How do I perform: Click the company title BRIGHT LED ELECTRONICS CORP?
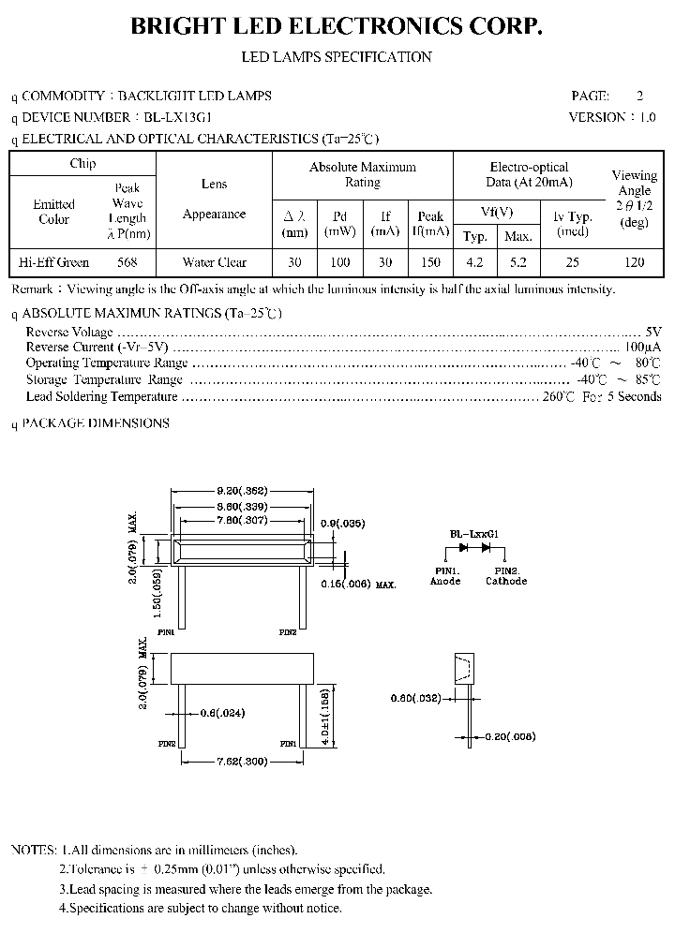pos(337,27)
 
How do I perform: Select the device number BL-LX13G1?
pos(178,117)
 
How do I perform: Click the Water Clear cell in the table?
pos(215,262)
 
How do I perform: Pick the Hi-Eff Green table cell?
pos(54,262)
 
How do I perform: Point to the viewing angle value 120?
pos(634,262)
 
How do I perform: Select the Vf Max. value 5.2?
pos(519,262)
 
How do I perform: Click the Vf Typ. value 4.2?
pos(476,262)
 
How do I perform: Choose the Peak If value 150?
pos(430,262)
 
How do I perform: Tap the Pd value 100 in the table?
pos(340,262)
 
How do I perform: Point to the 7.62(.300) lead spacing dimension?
pos(241,762)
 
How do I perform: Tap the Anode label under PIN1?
pos(445,581)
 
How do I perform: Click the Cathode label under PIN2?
pos(506,581)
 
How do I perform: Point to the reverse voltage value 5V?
pos(653,332)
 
